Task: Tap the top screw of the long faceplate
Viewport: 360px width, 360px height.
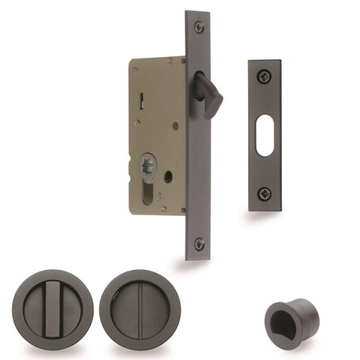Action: [199, 27]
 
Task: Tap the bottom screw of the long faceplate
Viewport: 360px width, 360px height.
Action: [199, 244]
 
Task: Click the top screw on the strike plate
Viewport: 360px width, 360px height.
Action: [265, 76]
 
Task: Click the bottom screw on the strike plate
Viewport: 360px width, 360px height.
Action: [265, 193]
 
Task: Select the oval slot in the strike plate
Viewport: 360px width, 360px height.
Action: [265, 134]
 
